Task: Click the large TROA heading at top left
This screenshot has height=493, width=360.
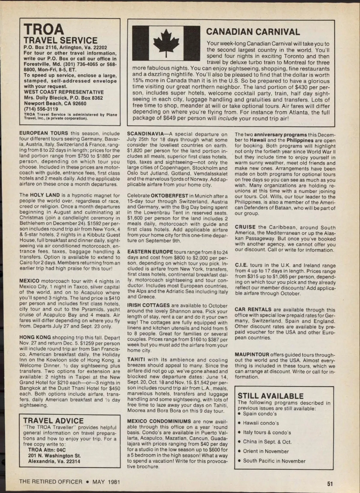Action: click(44, 29)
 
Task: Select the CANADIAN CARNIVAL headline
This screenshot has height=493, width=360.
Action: click(253, 32)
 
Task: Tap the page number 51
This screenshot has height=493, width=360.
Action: click(330, 483)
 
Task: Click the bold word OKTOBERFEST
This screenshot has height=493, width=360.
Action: click(169, 196)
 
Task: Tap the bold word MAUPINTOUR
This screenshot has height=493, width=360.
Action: click(252, 355)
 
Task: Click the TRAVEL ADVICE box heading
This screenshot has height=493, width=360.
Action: click(53, 421)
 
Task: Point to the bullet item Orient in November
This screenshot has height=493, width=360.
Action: click(266, 451)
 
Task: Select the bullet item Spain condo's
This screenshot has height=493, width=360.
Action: click(260, 414)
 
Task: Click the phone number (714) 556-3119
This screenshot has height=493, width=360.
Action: click(41, 109)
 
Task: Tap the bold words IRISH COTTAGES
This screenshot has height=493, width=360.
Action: click(148, 306)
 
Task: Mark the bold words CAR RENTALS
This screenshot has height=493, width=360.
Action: click(253, 309)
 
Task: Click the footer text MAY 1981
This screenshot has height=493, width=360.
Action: click(106, 482)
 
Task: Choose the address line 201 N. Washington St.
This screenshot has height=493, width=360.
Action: click(54, 456)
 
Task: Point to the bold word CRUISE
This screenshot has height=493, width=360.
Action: click(245, 227)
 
